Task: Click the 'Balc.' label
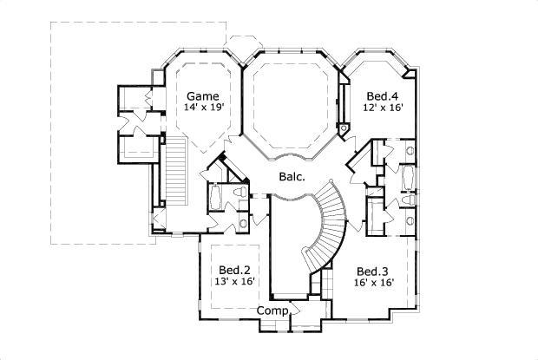coord(290,177)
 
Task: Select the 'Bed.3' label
coord(372,269)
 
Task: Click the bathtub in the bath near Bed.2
coord(215,200)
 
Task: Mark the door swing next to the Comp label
coord(296,310)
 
